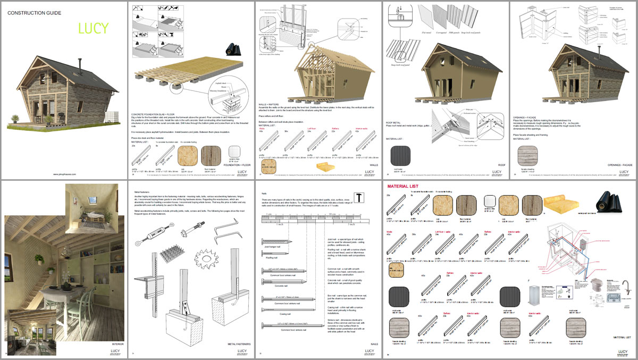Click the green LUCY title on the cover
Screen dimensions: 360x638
93,28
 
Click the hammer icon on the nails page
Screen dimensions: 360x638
359,197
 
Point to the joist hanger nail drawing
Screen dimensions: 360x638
275,241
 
